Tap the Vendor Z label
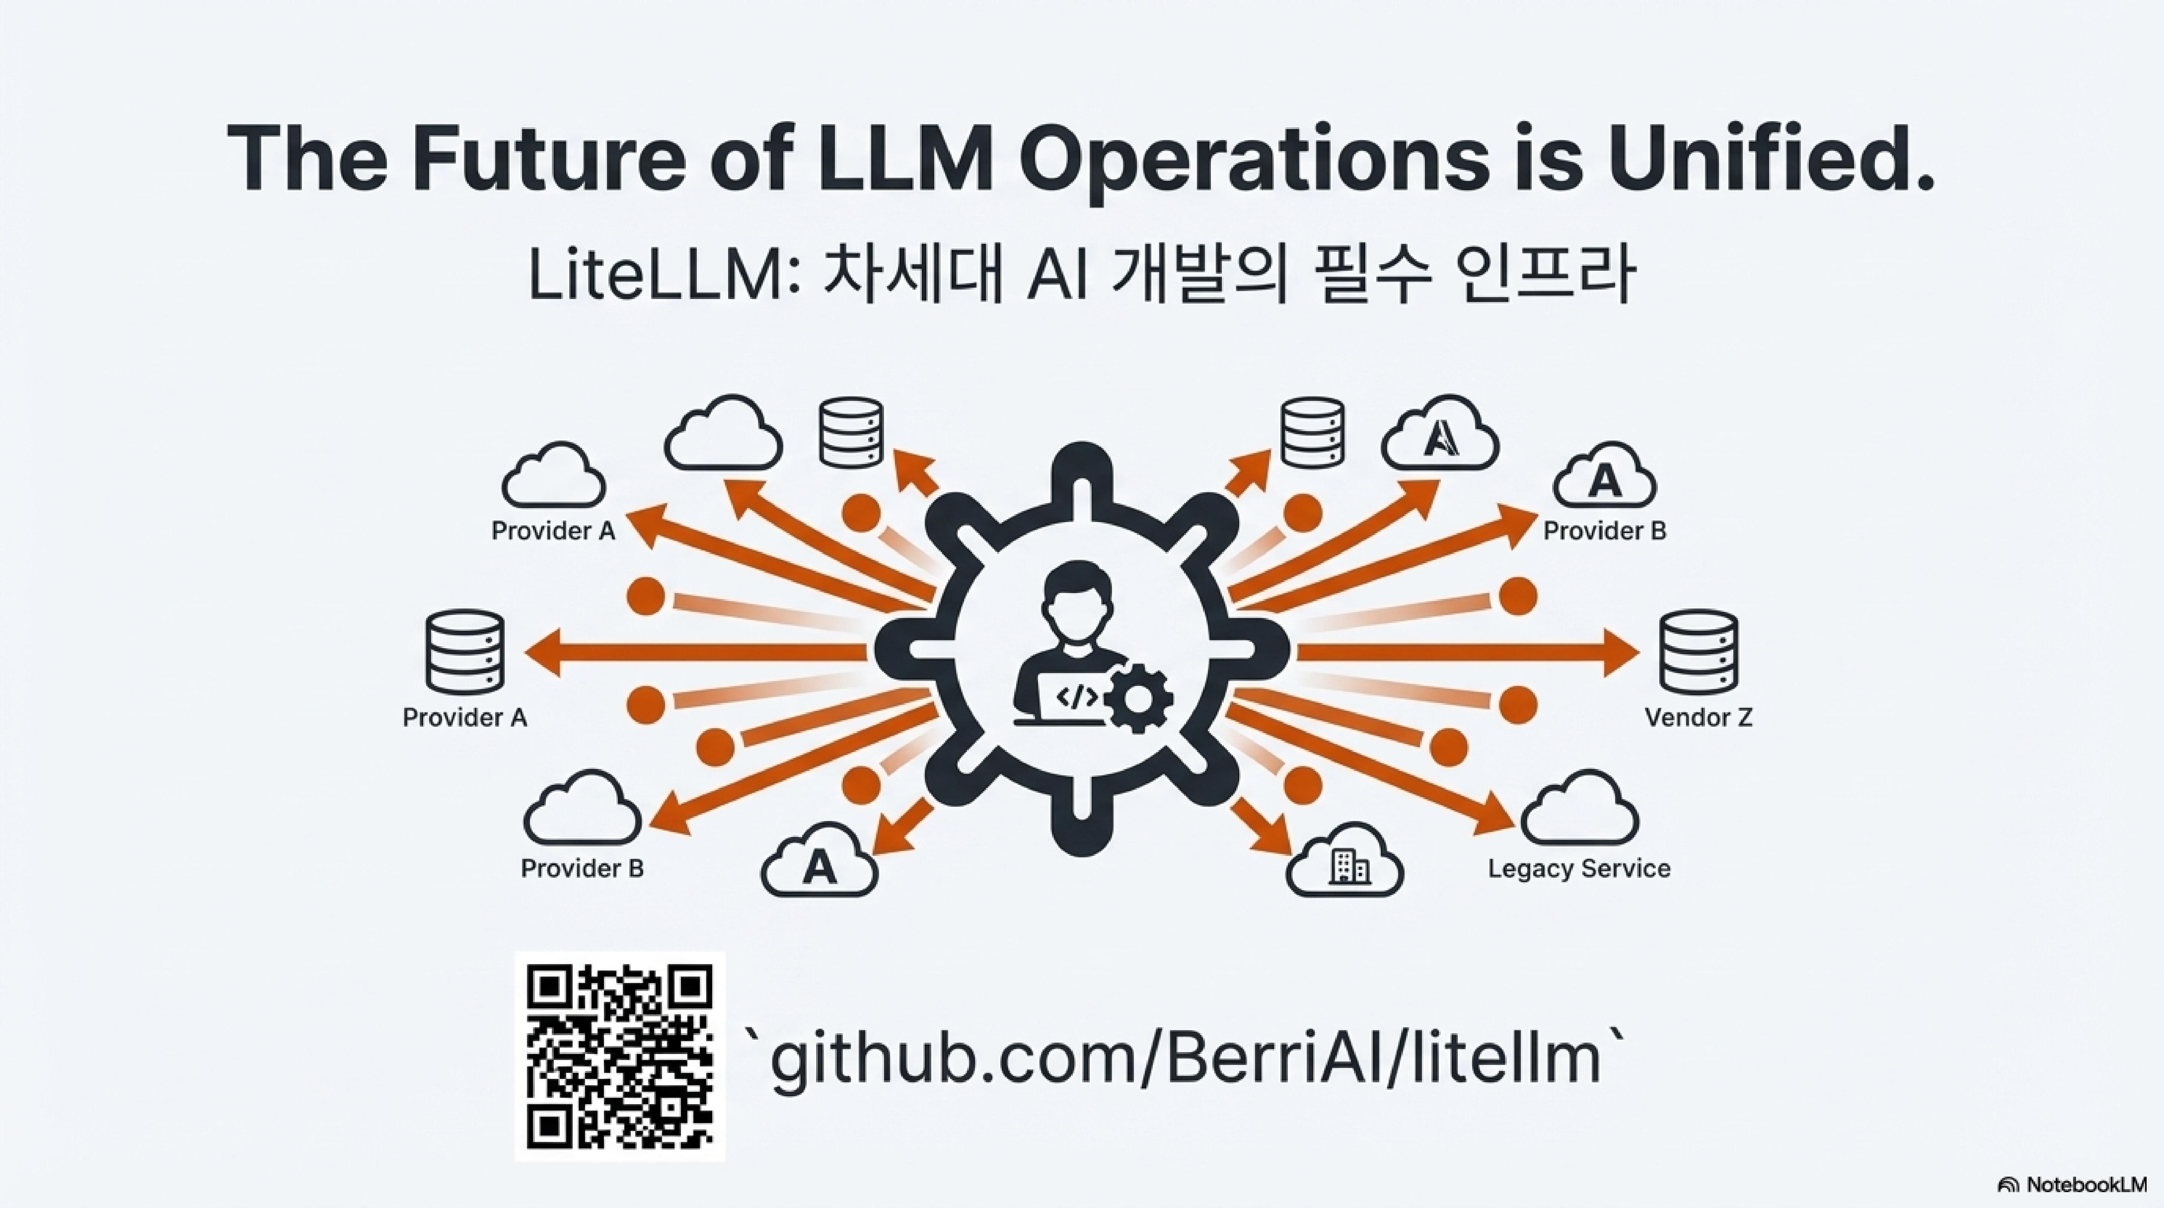coord(1698,717)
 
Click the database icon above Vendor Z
coord(1698,653)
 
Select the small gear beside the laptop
coord(1138,697)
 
